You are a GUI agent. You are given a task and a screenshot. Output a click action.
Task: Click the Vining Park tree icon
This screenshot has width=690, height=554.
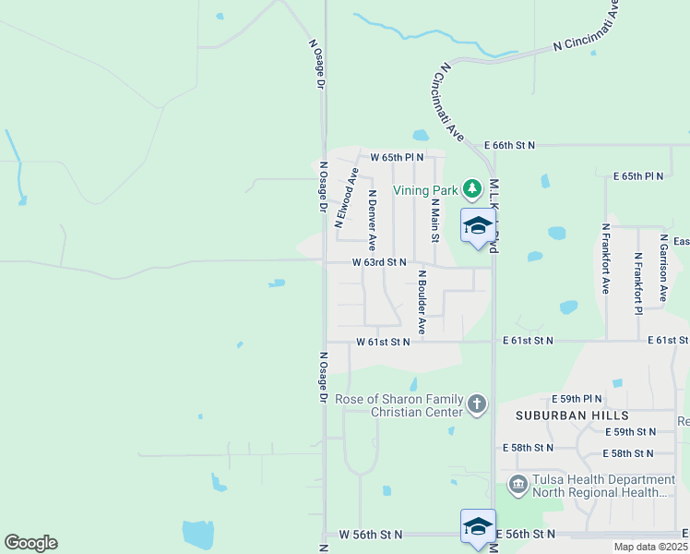(472, 189)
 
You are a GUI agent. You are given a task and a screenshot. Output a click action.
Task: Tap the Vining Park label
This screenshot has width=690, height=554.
(425, 190)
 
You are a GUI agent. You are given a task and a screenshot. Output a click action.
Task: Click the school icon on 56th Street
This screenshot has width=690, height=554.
(478, 527)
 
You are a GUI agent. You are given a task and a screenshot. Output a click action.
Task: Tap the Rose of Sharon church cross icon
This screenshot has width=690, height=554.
(476, 403)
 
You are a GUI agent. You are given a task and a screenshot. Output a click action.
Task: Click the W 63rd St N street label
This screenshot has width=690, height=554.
(379, 262)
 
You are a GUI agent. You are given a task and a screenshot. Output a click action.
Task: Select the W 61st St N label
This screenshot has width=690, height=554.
(383, 342)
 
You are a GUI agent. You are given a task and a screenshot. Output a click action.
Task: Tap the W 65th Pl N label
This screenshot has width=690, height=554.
(397, 157)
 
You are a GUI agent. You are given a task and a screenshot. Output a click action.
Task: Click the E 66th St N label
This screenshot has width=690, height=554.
(509, 145)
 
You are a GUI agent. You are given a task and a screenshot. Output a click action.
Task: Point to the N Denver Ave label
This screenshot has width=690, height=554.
(372, 221)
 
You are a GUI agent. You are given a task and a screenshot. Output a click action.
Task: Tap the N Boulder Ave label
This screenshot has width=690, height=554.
(422, 301)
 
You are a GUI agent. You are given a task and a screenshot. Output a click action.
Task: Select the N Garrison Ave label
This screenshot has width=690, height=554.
(663, 268)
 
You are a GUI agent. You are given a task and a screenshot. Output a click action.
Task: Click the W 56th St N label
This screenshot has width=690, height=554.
(371, 535)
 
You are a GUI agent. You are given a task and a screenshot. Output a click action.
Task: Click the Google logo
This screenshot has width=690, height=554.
(30, 543)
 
